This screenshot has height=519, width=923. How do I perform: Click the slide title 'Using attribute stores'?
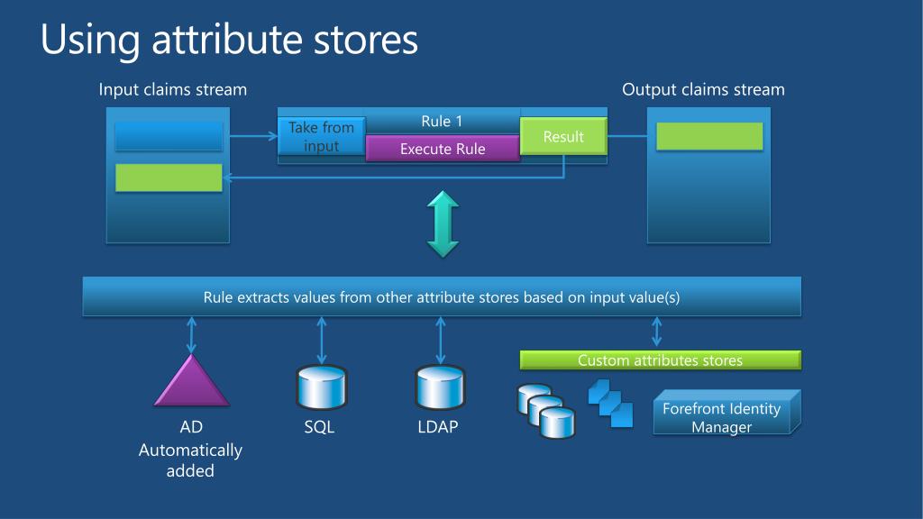[x=229, y=41]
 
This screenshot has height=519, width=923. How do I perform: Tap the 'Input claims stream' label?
[x=172, y=89]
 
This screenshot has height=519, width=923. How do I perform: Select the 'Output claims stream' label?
[x=703, y=89]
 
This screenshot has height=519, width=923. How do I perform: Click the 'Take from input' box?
[x=321, y=137]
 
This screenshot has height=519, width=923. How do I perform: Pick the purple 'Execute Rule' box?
[x=443, y=149]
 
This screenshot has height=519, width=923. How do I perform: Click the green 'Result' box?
[x=563, y=136]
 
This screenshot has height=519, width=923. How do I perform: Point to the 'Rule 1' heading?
[x=442, y=121]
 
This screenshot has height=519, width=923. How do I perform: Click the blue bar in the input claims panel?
[x=169, y=136]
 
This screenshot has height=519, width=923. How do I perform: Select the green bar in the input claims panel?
[x=169, y=178]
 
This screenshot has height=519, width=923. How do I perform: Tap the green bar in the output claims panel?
[x=709, y=136]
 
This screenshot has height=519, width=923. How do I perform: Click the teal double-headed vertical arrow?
[x=443, y=223]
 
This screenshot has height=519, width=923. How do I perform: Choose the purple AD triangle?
[x=191, y=382]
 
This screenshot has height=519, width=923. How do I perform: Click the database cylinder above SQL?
[x=322, y=388]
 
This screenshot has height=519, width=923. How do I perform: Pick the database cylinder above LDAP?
[x=440, y=388]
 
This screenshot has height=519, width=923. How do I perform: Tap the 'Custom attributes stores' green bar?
[x=660, y=360]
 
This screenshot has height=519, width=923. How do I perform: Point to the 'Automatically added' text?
[x=190, y=460]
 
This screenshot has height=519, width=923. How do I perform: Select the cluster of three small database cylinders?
[x=545, y=411]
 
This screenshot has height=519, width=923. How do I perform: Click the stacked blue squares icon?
[x=610, y=403]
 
